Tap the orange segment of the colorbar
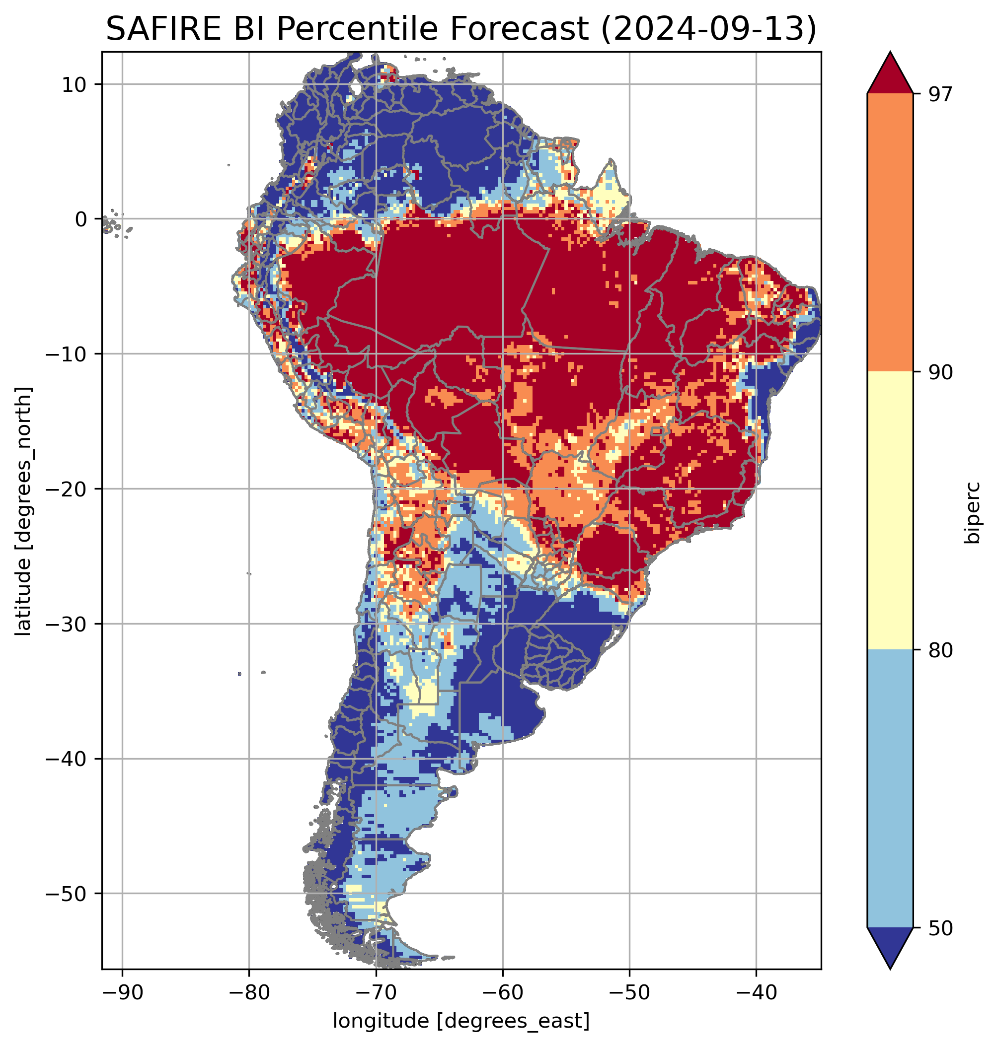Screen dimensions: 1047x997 pyautogui.click(x=889, y=233)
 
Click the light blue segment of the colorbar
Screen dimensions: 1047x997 pyautogui.click(x=889, y=789)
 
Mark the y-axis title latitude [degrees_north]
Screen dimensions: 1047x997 pyautogui.click(x=23, y=511)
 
